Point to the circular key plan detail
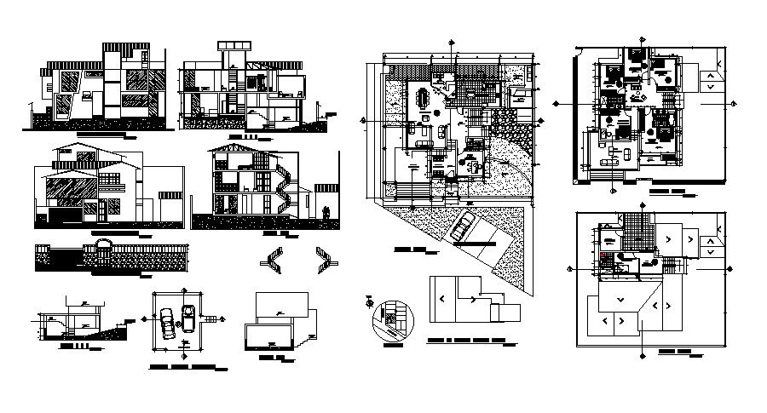(x=391, y=321)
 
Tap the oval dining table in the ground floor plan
(x=424, y=97)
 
